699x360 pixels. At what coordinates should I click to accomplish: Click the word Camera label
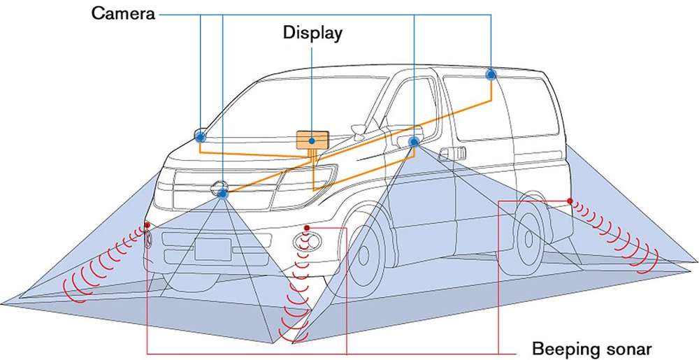(x=123, y=13)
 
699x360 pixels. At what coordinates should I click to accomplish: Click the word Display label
(x=312, y=33)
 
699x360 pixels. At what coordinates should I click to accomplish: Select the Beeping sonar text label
(x=592, y=348)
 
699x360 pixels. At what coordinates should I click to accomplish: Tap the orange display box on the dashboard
(x=312, y=140)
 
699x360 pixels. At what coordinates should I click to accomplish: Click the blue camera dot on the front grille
(x=222, y=192)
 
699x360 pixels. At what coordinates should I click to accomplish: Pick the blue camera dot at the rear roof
(x=491, y=74)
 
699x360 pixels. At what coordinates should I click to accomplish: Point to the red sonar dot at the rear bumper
(x=570, y=201)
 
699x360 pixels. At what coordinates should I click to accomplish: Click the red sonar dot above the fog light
(x=307, y=228)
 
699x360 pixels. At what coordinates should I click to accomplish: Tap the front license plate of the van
(x=213, y=249)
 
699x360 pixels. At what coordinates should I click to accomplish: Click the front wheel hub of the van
(x=363, y=255)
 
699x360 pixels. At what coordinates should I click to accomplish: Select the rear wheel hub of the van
(x=528, y=239)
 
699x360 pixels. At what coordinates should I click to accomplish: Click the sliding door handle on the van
(x=452, y=154)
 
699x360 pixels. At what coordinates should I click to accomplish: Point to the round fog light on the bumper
(x=307, y=241)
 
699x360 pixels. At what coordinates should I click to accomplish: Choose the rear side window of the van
(x=501, y=107)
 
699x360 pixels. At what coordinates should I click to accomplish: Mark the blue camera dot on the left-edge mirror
(x=201, y=137)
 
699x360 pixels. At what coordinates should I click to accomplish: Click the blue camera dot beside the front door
(x=414, y=142)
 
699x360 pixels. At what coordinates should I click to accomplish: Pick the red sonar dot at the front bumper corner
(x=147, y=225)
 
